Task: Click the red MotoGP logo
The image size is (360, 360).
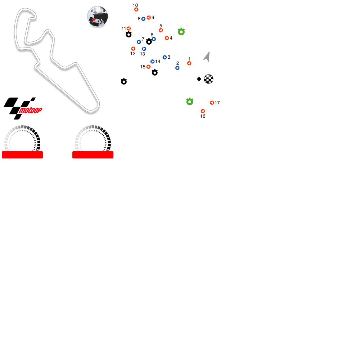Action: [30, 111]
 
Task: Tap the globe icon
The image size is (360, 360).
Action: [98, 16]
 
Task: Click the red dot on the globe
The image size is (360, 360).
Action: [94, 20]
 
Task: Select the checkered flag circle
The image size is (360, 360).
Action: [209, 79]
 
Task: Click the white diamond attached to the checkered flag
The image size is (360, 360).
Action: [199, 79]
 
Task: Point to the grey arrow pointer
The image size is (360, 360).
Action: [207, 57]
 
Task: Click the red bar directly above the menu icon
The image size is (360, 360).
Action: [22, 155]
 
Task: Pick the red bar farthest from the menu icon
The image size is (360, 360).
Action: [93, 155]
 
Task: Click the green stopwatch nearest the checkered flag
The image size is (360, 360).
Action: [190, 102]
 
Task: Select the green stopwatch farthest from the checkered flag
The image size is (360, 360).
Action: [181, 32]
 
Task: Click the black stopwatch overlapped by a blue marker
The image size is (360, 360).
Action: [149, 42]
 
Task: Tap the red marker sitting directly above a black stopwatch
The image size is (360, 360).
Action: [129, 28]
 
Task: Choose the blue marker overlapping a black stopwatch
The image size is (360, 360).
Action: [154, 39]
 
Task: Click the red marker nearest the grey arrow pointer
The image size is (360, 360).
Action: [189, 63]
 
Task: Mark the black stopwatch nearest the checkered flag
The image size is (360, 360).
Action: [155, 73]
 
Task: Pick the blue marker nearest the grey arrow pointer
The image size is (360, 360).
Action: [177, 68]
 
